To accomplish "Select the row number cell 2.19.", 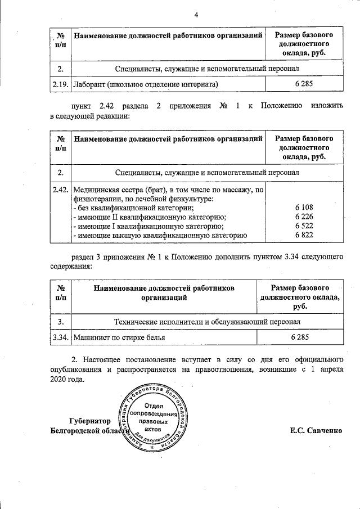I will click(60, 84).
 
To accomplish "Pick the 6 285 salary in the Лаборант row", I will click(303, 84).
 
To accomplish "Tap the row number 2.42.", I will click(60, 190).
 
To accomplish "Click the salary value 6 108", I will click(303, 208).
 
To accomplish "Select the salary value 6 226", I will click(303, 217).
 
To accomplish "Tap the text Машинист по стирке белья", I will click(119, 337).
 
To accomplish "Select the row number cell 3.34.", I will click(60, 337).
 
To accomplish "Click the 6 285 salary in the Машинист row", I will click(300, 337).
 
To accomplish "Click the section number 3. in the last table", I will click(60, 321).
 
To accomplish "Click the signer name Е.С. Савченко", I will click(316, 431).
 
